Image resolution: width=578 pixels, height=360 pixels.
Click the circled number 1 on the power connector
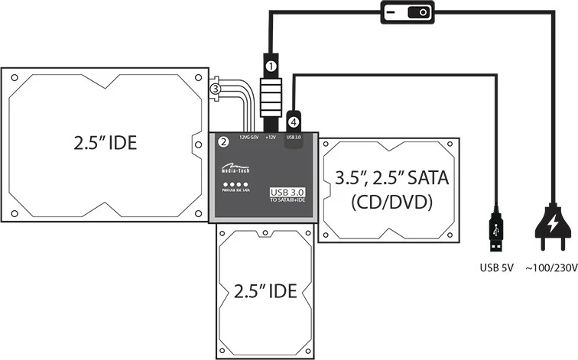click(271, 66)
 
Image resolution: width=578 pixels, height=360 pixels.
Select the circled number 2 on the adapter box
click(223, 142)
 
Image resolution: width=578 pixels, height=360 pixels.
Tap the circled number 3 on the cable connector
click(216, 89)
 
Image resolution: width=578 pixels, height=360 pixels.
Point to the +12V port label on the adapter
click(271, 138)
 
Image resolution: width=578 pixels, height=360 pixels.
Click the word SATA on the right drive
click(425, 180)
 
